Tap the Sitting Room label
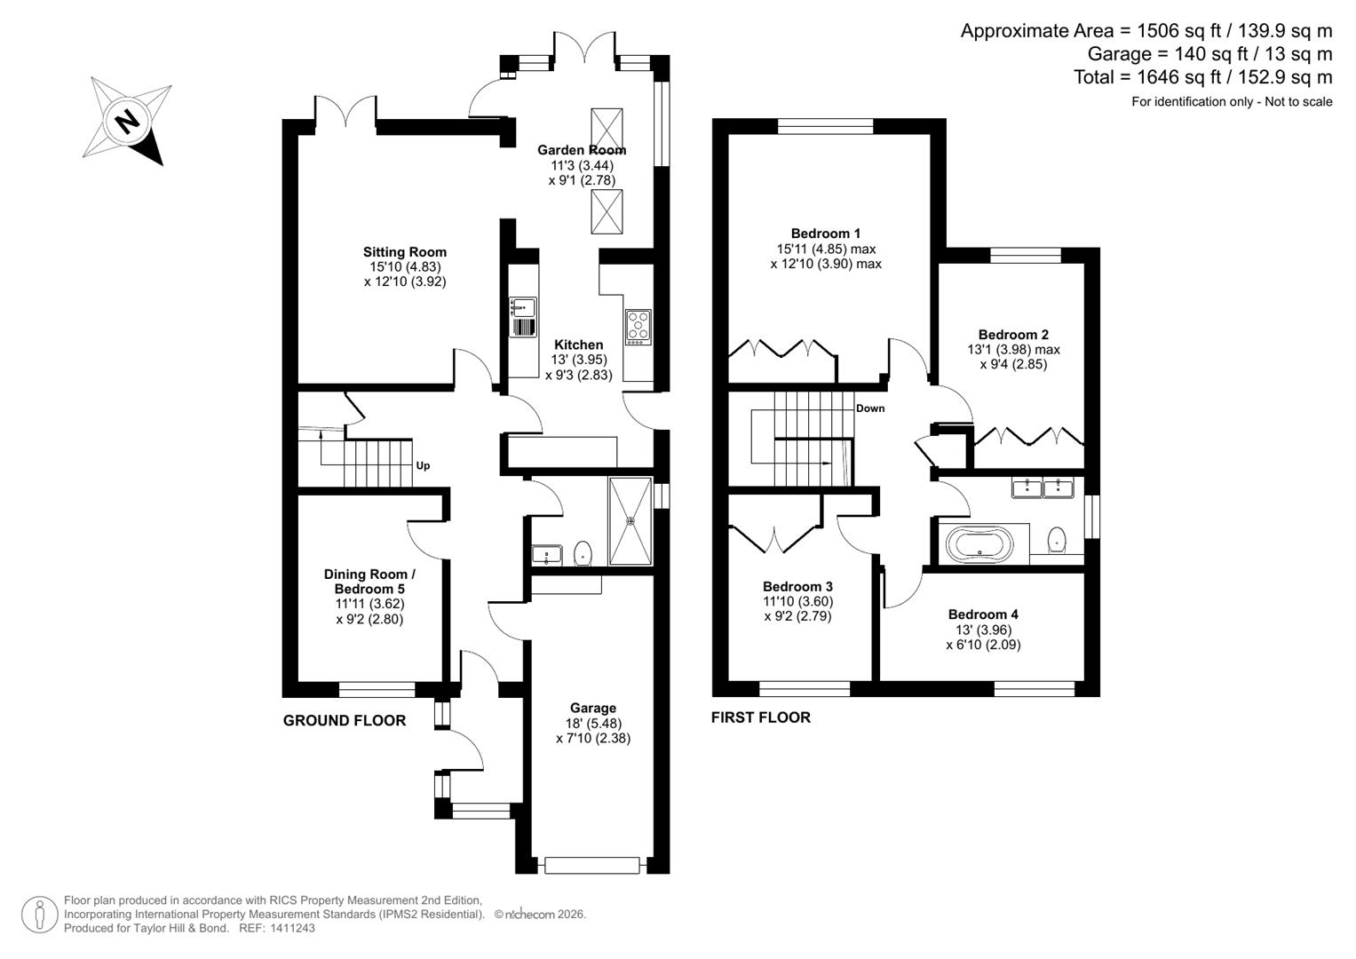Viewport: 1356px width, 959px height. click(404, 252)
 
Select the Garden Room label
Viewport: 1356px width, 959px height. click(582, 150)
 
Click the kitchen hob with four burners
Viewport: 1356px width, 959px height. click(638, 327)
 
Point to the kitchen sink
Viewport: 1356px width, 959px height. click(522, 308)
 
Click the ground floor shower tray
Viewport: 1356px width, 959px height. click(630, 521)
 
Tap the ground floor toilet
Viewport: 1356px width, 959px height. click(583, 553)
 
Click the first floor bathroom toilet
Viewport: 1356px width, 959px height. click(1057, 540)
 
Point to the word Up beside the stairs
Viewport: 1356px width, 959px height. click(424, 465)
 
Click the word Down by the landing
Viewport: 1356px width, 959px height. click(870, 408)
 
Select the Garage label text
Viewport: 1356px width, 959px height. click(592, 708)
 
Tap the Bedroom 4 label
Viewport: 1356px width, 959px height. click(983, 614)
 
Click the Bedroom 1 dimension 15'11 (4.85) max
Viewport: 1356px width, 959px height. click(826, 249)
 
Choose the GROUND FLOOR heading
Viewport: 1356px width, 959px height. click(345, 720)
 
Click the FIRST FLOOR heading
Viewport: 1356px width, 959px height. click(761, 717)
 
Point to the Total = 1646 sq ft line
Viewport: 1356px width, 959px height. click(1202, 77)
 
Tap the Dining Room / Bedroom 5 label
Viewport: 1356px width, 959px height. click(369, 582)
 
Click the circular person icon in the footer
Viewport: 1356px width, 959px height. click(39, 915)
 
